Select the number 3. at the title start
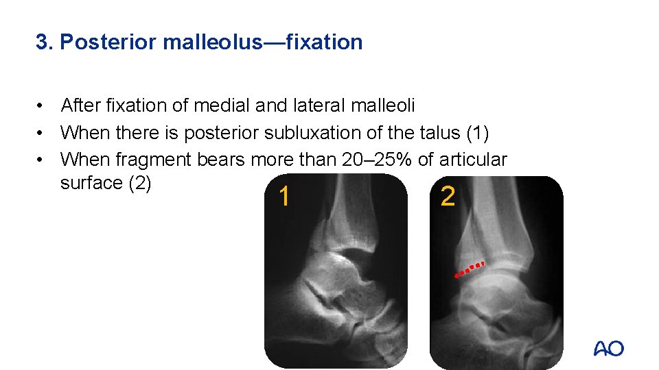[45, 42]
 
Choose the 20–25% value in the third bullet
[376, 160]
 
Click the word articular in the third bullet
[474, 160]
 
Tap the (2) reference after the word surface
[140, 184]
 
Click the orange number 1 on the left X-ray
[284, 197]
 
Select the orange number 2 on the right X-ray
[448, 197]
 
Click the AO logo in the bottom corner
[609, 349]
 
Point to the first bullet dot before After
[43, 106]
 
